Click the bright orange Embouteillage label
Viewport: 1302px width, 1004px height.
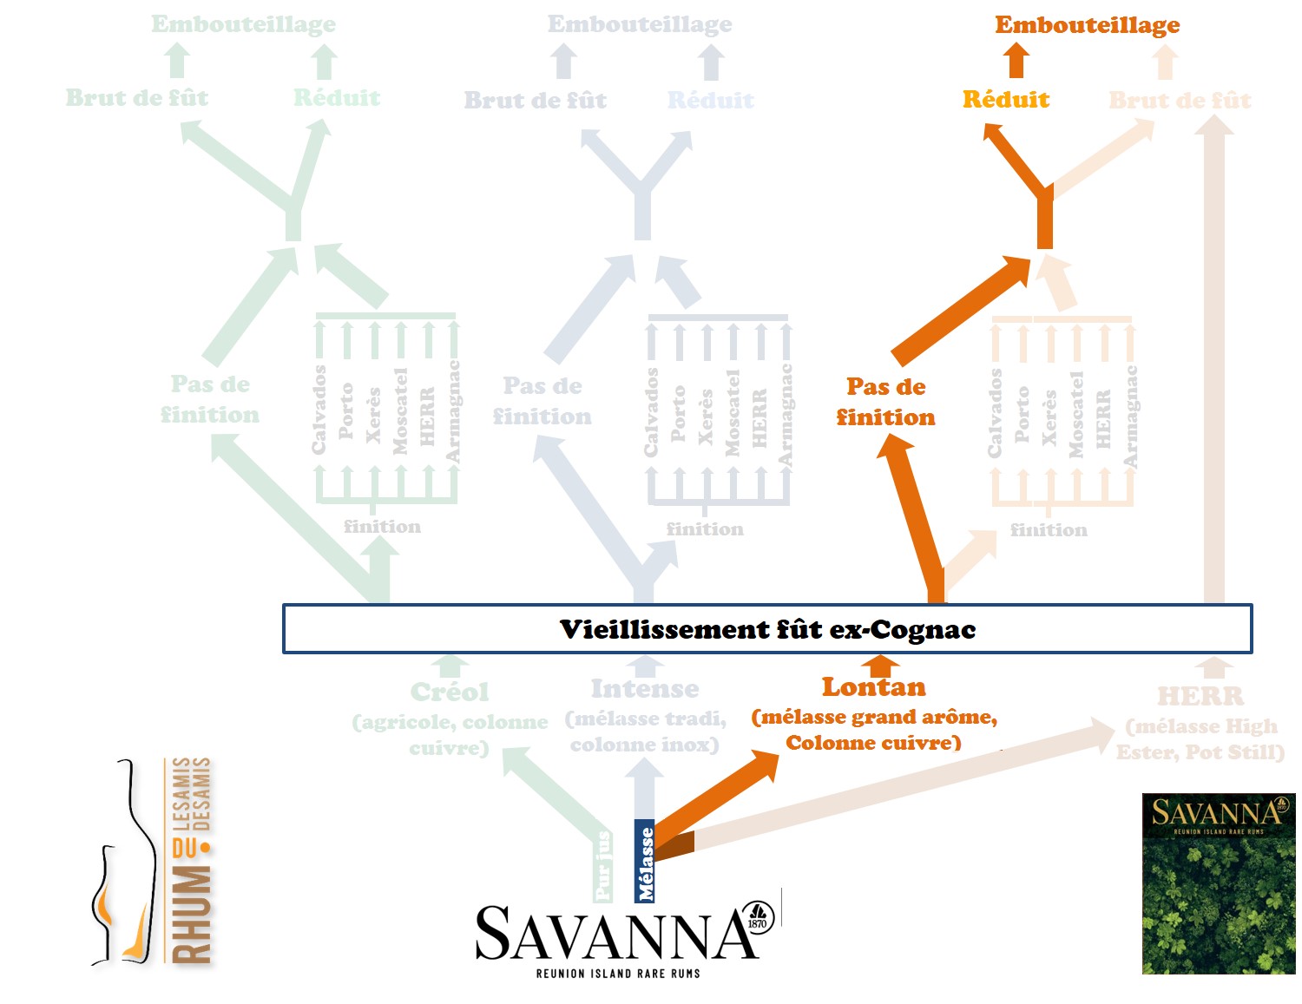(x=1087, y=25)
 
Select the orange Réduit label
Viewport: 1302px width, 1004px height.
(x=1006, y=100)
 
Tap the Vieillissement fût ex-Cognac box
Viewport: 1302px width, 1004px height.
(x=767, y=629)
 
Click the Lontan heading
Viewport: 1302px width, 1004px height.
(x=874, y=687)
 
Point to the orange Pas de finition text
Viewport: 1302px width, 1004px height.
(x=885, y=402)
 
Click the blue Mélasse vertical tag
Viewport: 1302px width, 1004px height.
(x=645, y=862)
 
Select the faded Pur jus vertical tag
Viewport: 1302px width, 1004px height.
(x=603, y=866)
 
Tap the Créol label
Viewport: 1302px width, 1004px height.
(x=450, y=692)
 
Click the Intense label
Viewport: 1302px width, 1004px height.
(x=645, y=689)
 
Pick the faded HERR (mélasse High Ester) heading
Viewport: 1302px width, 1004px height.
(x=1200, y=696)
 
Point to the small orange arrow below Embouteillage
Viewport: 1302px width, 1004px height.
(x=1016, y=62)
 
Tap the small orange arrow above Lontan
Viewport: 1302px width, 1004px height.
(x=881, y=666)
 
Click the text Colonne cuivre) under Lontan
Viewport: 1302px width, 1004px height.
(x=873, y=743)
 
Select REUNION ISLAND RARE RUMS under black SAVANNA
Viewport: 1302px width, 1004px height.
(x=618, y=974)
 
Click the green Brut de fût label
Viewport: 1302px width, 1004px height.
(x=137, y=98)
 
